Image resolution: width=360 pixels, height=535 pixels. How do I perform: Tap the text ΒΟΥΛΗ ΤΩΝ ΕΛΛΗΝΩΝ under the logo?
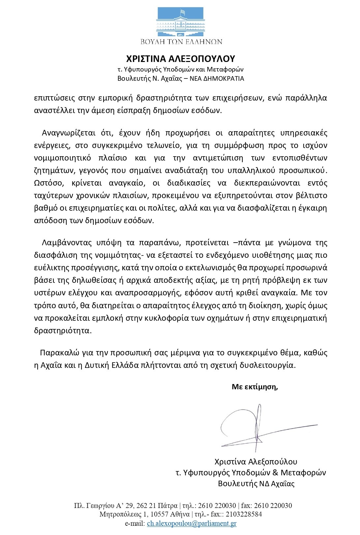pos(180,42)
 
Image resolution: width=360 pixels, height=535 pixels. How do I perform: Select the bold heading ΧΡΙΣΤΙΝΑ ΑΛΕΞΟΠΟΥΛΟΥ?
pos(180,59)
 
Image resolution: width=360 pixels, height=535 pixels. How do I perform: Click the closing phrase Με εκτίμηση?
pos(255,387)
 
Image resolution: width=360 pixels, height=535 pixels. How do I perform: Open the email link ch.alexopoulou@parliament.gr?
pos(192,523)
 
